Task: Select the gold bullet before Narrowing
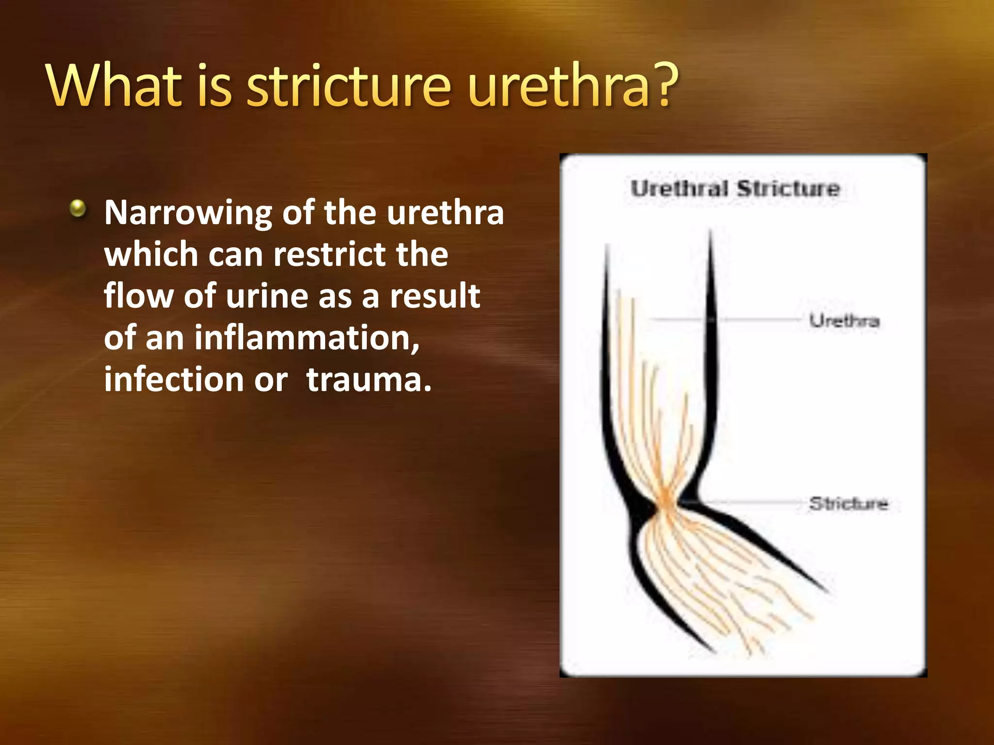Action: (x=78, y=209)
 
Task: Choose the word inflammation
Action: (x=307, y=338)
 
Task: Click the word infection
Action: (x=173, y=379)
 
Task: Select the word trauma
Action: (x=368, y=379)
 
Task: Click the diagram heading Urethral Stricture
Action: (x=735, y=188)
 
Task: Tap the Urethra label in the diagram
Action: (x=844, y=321)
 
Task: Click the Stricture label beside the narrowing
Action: (x=848, y=503)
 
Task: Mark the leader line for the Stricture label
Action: (x=752, y=503)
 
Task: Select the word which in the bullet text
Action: (x=151, y=254)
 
